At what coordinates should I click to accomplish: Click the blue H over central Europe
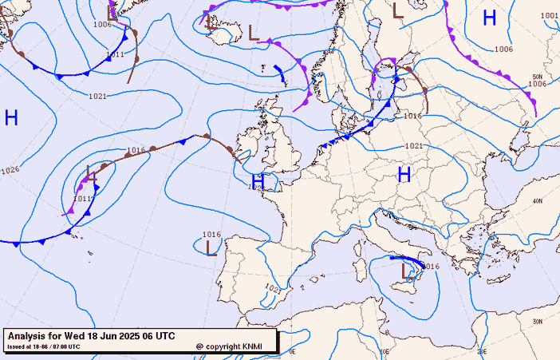pos(404,174)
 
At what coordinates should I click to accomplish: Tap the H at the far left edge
pos(11,118)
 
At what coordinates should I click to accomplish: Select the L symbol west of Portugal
pos(211,248)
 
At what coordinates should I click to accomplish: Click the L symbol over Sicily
pos(403,272)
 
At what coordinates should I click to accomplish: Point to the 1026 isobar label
pos(10,170)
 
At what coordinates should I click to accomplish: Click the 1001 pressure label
pos(549,16)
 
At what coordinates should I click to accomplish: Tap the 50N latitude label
pos(537,77)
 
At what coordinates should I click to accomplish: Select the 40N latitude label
pos(537,201)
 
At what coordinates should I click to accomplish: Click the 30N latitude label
pos(537,322)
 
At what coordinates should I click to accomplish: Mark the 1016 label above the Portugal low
pos(211,234)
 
